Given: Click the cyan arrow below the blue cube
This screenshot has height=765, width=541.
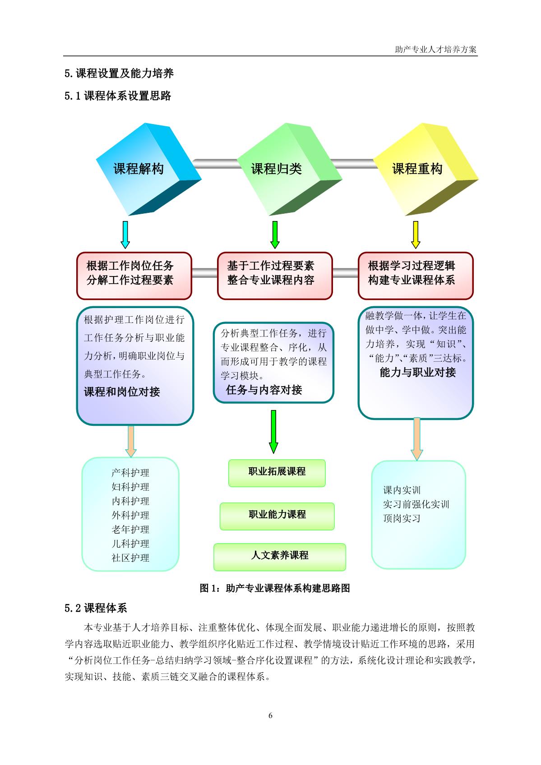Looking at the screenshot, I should click(125, 234).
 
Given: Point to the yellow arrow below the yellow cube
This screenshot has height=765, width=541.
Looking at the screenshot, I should click(416, 234).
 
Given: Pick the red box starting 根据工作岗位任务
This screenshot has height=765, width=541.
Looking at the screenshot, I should click(134, 276).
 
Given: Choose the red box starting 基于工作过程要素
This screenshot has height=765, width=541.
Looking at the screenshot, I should click(275, 276).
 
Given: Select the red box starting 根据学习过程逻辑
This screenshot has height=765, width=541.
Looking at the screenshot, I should click(416, 276).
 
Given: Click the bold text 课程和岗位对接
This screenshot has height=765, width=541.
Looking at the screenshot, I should click(122, 392).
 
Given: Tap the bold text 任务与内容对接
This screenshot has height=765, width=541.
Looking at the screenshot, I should click(264, 390).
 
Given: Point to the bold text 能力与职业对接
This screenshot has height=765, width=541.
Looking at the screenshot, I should click(418, 372).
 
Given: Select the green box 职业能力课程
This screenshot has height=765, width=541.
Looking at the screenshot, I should click(277, 515).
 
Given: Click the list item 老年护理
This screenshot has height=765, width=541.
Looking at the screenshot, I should click(130, 530).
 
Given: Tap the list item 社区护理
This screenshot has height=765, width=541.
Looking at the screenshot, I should click(130, 558).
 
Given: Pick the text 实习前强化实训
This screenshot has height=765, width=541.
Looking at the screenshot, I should click(416, 504).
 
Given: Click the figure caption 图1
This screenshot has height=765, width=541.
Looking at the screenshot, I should click(275, 588).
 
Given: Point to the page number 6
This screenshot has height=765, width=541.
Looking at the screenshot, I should click(270, 715).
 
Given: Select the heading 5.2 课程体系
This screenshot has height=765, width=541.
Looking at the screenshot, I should click(96, 608).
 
